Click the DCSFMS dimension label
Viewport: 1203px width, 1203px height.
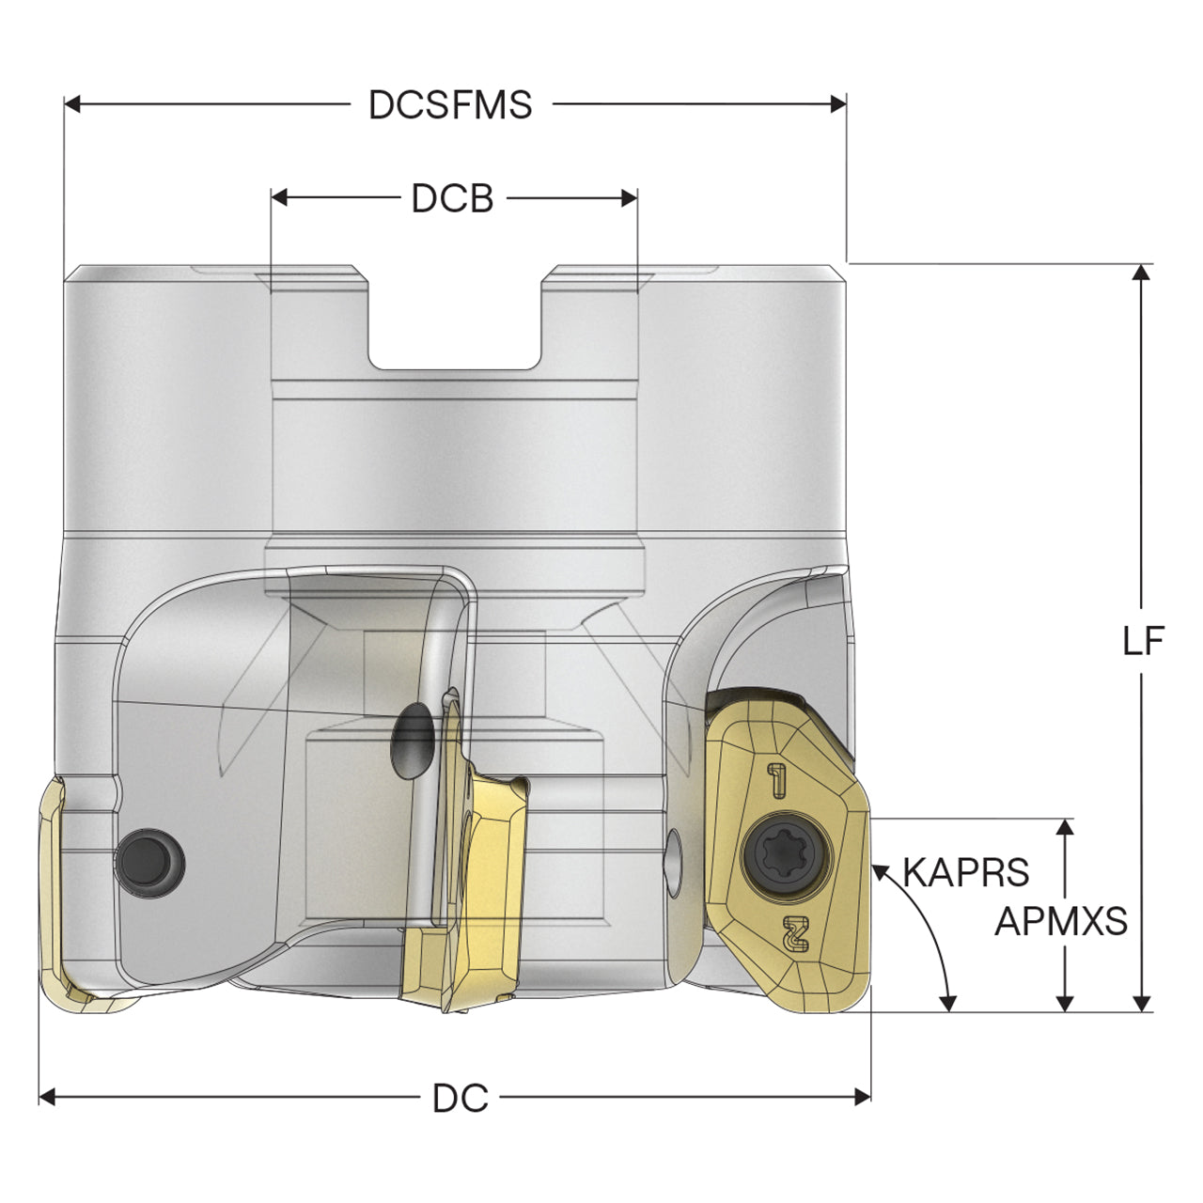pyautogui.click(x=450, y=104)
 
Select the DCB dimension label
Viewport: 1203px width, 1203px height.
pyautogui.click(x=453, y=198)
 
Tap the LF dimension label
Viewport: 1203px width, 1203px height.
pyautogui.click(x=1144, y=641)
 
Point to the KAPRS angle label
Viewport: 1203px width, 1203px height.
pyautogui.click(x=966, y=872)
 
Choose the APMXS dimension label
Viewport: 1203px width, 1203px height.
pyautogui.click(x=1061, y=921)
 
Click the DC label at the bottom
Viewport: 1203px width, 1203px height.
pyautogui.click(x=461, y=1099)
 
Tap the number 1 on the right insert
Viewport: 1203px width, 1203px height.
pyautogui.click(x=777, y=779)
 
